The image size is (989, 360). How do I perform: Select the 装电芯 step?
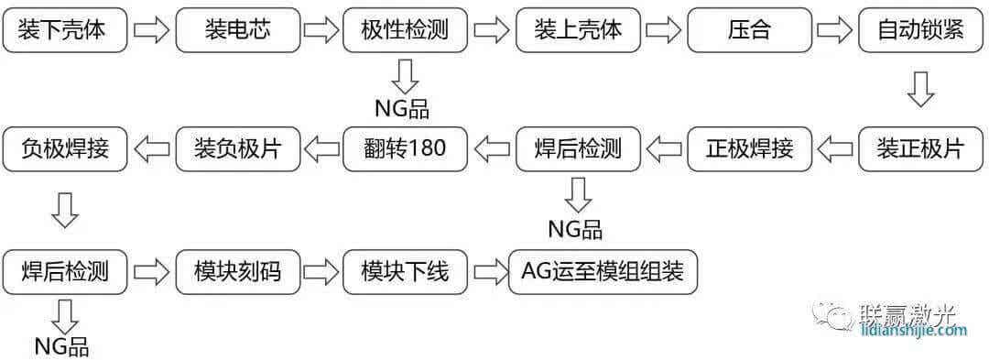click(x=237, y=30)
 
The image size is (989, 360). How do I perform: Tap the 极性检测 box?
click(x=405, y=30)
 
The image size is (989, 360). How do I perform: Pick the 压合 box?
click(x=749, y=30)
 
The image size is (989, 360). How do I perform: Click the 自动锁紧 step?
click(x=920, y=30)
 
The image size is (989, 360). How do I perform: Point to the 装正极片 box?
click(x=920, y=148)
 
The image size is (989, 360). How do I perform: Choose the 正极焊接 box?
click(x=749, y=148)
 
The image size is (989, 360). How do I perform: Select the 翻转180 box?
click(x=405, y=148)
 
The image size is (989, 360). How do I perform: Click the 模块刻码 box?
click(x=237, y=271)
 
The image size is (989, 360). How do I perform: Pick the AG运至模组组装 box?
click(x=603, y=271)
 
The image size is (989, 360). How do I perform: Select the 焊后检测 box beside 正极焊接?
click(x=577, y=148)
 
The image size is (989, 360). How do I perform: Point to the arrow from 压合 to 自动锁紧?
click(x=834, y=31)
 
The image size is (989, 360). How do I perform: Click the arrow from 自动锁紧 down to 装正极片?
click(x=919, y=89)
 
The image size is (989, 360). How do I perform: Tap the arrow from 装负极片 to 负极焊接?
click(x=151, y=148)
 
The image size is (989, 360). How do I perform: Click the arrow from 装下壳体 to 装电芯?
click(x=151, y=31)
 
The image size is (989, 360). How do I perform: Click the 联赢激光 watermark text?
click(x=907, y=314)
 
